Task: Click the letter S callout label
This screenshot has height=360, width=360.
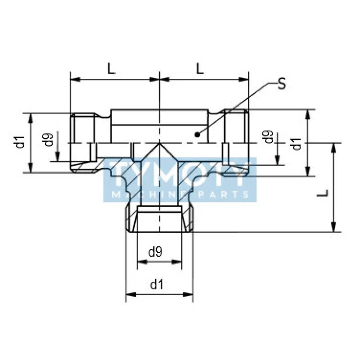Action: coord(281,84)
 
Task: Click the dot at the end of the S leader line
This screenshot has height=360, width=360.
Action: coord(197,134)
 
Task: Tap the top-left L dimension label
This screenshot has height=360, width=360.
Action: coord(111,68)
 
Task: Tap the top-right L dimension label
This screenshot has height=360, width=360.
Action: coord(200,68)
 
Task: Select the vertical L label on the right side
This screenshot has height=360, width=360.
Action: coord(323,193)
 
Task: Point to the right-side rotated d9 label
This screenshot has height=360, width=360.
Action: coord(269,136)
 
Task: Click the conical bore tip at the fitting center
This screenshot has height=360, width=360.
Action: coord(159,144)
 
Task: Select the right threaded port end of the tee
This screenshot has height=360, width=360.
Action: coord(236,143)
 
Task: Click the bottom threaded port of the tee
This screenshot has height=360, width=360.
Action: coord(159,220)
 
